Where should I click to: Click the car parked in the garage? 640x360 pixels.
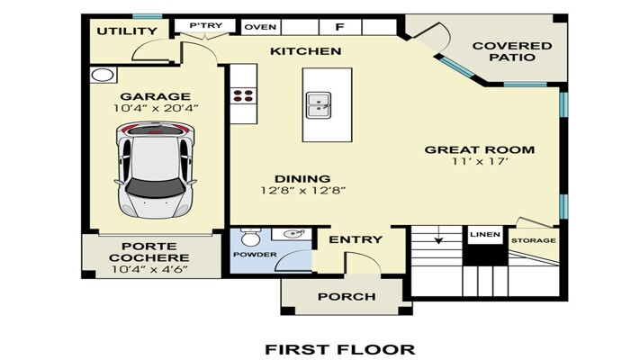155,170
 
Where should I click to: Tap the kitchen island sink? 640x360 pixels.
319,105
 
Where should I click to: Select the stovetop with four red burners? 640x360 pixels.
243,96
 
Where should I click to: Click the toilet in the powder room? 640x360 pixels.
250,237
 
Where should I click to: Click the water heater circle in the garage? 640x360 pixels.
103,75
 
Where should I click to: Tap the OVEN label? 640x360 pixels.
260,27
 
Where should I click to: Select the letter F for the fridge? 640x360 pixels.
339,27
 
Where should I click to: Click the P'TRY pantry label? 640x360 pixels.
206,26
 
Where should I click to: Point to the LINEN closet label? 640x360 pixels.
485,235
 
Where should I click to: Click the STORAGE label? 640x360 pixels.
534,241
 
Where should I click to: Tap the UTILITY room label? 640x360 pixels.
127,31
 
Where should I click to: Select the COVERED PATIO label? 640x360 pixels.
512,51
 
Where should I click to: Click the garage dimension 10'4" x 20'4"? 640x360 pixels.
156,108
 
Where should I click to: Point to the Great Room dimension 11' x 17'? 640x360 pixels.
480,161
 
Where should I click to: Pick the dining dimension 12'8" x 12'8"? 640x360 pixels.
303,190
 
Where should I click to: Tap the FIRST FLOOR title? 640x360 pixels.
340,350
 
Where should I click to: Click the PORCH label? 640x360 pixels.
347,297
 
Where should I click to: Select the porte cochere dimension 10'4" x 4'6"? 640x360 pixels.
149,269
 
